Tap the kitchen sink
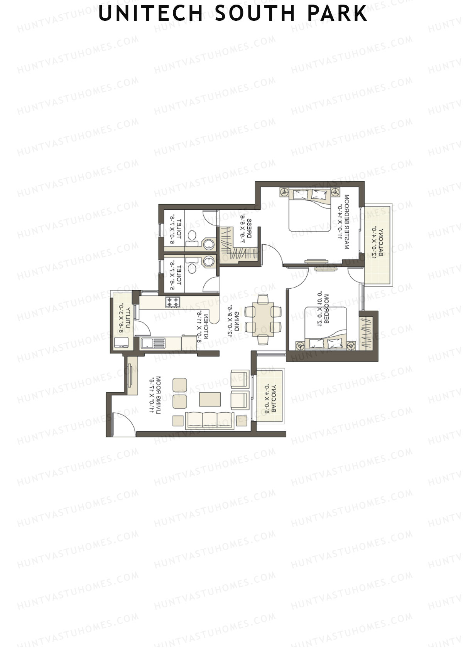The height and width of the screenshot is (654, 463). click(x=153, y=343)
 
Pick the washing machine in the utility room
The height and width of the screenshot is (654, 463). click(x=122, y=343)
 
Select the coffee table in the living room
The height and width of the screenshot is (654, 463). click(x=210, y=399)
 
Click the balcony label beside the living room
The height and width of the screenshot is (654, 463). click(x=270, y=399)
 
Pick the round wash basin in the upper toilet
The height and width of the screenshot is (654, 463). click(x=209, y=244)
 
